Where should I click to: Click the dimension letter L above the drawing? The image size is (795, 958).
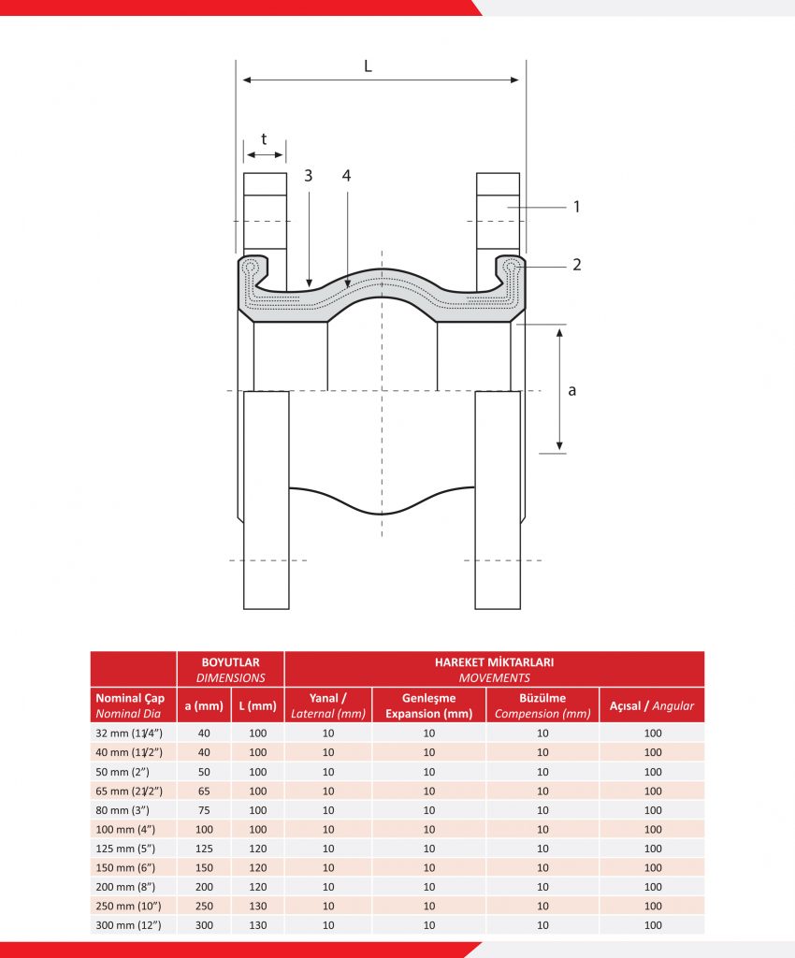pyautogui.click(x=368, y=65)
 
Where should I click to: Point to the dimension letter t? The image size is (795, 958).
pyautogui.click(x=264, y=138)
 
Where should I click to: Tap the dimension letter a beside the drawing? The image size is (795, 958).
pyautogui.click(x=571, y=390)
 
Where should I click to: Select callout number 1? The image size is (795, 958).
pyautogui.click(x=576, y=207)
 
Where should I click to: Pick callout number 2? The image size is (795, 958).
pyautogui.click(x=576, y=265)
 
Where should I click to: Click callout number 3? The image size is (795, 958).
pyautogui.click(x=309, y=176)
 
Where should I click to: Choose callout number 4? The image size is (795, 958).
pyautogui.click(x=347, y=176)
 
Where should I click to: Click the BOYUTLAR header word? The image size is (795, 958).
pyautogui.click(x=230, y=662)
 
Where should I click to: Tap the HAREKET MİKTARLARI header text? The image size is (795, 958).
pyautogui.click(x=494, y=662)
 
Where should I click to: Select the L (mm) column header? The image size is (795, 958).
pyautogui.click(x=257, y=705)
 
